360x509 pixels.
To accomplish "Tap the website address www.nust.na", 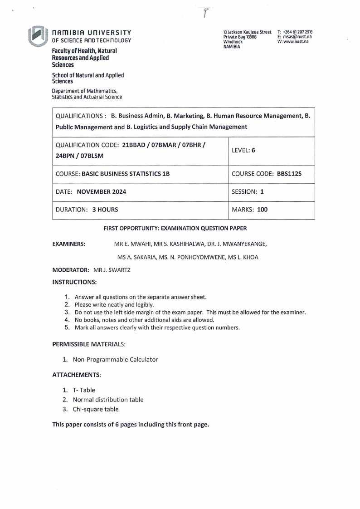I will pyautogui.click(x=298, y=41).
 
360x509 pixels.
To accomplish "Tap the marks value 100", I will pyautogui.click(x=264, y=210).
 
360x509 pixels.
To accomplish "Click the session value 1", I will pyautogui.click(x=262, y=192).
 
